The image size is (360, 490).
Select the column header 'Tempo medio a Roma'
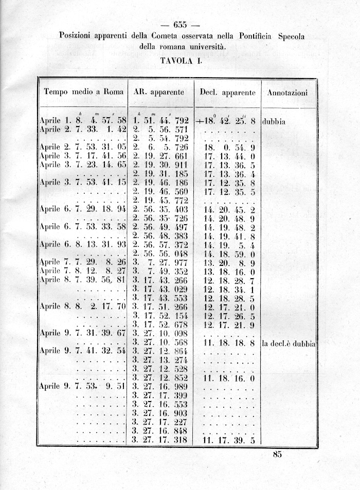click(x=84, y=93)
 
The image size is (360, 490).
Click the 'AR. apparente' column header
click(x=159, y=93)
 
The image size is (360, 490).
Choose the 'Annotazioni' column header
click(x=287, y=93)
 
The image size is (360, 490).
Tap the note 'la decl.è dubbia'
click(x=287, y=343)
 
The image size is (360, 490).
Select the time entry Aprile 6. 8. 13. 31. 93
click(x=83, y=244)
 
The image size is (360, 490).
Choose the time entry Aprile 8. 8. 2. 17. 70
click(x=83, y=306)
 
